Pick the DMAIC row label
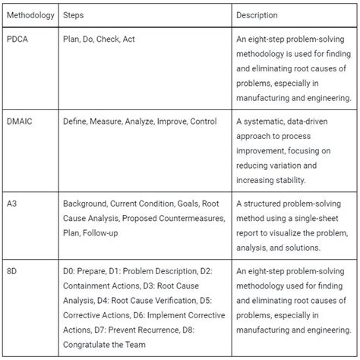[19, 122]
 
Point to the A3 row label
[12, 204]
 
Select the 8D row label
[12, 270]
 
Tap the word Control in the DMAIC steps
[204, 122]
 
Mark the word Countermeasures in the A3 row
[189, 219]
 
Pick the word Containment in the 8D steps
[88, 286]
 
